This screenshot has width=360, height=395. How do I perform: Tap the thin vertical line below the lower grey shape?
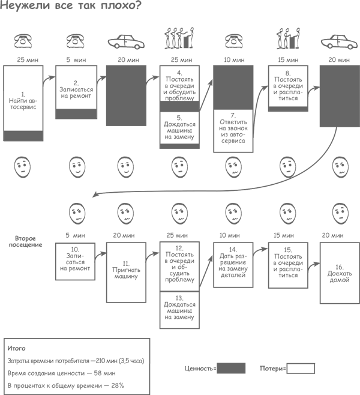click(x=149, y=378)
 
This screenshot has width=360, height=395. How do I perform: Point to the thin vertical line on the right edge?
click(x=358, y=270)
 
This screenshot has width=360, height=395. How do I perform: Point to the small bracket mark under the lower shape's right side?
click(x=313, y=367)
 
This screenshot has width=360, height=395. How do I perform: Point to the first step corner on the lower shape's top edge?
click(x=92, y=192)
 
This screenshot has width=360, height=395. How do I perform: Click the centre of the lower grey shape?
click(x=180, y=276)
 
